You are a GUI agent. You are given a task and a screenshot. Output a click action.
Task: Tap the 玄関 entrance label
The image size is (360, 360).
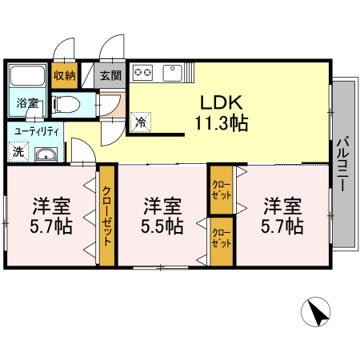(x=110, y=77)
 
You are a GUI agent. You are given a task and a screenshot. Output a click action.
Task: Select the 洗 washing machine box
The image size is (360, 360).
(x=18, y=150)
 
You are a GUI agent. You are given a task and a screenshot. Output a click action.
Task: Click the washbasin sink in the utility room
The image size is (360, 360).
(x=46, y=154)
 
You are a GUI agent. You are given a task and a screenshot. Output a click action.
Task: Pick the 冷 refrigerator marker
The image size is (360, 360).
(x=141, y=122)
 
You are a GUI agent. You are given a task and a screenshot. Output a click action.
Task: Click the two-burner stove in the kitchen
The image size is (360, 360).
(x=144, y=74)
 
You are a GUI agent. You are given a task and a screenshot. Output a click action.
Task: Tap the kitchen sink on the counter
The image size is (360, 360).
(x=174, y=74)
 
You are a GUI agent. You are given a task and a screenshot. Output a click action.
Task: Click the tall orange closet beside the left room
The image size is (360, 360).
(x=107, y=215)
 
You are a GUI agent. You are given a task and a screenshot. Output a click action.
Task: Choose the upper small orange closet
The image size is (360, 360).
(x=221, y=190)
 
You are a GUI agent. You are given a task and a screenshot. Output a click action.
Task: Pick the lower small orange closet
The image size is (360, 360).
(x=221, y=240)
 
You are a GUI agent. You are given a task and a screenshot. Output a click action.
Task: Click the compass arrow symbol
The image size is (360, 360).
(x=316, y=312)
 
